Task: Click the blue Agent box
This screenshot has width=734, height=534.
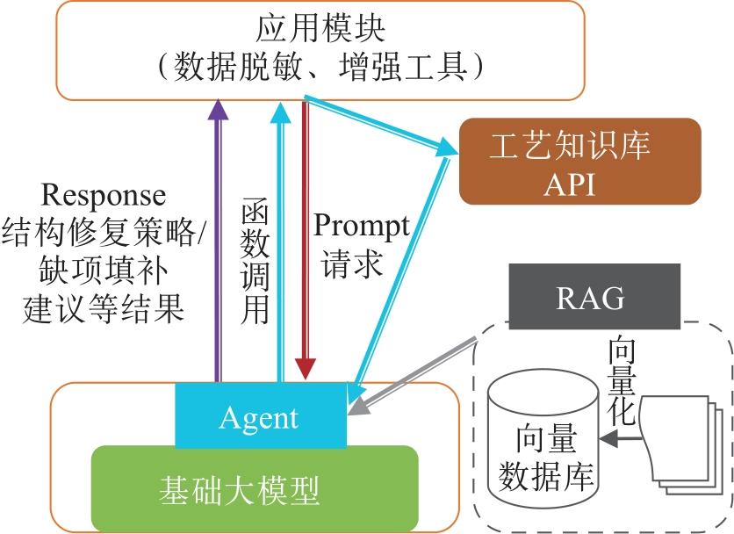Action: point(260,416)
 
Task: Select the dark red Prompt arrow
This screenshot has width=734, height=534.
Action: point(305,237)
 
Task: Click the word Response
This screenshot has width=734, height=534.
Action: point(104,195)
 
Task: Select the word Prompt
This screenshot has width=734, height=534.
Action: point(361,227)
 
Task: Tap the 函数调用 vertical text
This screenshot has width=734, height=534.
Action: point(254,263)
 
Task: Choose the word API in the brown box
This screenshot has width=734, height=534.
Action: point(580,184)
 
